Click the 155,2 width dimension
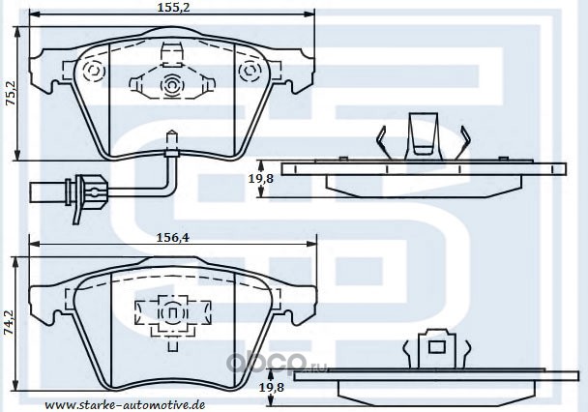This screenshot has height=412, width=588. coord(171,8)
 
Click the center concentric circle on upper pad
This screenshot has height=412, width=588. coord(171,85)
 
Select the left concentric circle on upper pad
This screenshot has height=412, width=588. coord(95,73)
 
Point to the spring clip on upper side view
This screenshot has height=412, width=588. coord(423,134)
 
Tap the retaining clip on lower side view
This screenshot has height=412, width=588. coord(435,346)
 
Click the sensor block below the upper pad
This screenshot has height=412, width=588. coord(171,150)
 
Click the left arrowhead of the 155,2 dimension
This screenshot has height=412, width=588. coord(33,15)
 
